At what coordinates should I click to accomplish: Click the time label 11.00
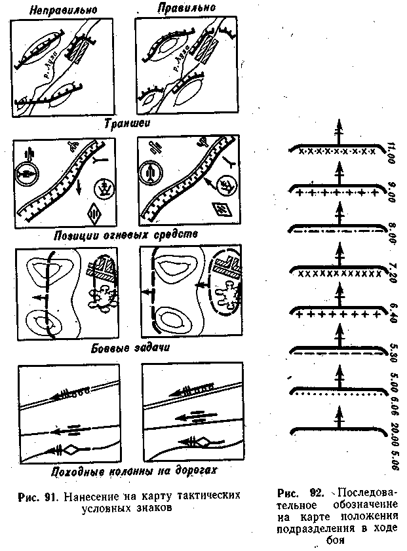coord(392,151)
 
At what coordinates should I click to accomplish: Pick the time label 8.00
coord(392,231)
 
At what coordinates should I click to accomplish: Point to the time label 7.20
coord(392,271)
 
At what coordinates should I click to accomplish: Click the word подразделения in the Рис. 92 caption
coord(318,528)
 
